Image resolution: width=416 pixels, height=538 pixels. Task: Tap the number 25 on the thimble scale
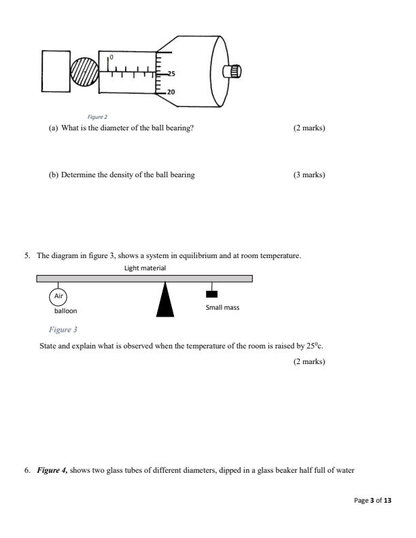click(171, 74)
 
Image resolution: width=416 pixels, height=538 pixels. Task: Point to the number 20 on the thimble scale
click(171, 92)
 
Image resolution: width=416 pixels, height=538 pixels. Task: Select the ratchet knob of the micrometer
click(233, 71)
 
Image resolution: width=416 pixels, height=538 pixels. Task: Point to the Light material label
click(145, 268)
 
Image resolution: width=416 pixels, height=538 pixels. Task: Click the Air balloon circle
click(58, 297)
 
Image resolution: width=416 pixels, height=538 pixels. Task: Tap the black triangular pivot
click(164, 301)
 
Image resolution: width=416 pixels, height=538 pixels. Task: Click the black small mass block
click(212, 293)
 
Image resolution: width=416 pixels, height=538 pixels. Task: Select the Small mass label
click(222, 307)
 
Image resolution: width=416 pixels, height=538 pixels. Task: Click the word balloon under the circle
click(66, 311)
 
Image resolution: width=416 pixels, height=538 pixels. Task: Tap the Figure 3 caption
click(63, 329)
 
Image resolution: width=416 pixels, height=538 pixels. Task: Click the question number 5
click(27, 256)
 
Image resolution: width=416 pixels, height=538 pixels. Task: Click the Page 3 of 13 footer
click(373, 500)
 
